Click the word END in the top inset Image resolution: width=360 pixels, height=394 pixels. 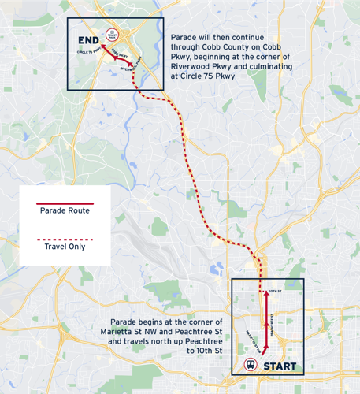(x=87, y=39)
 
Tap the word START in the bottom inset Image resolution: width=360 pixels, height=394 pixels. (x=280, y=366)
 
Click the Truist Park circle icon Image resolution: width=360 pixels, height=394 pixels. (x=112, y=35)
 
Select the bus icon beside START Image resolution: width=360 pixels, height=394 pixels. (x=250, y=365)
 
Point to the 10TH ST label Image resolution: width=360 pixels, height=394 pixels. (x=275, y=292)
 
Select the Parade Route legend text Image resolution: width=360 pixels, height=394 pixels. (x=65, y=210)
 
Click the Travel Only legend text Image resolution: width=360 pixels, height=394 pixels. (x=65, y=247)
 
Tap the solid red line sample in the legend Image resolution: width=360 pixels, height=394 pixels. (x=65, y=203)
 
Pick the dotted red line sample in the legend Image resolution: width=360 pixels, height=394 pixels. (x=65, y=239)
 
